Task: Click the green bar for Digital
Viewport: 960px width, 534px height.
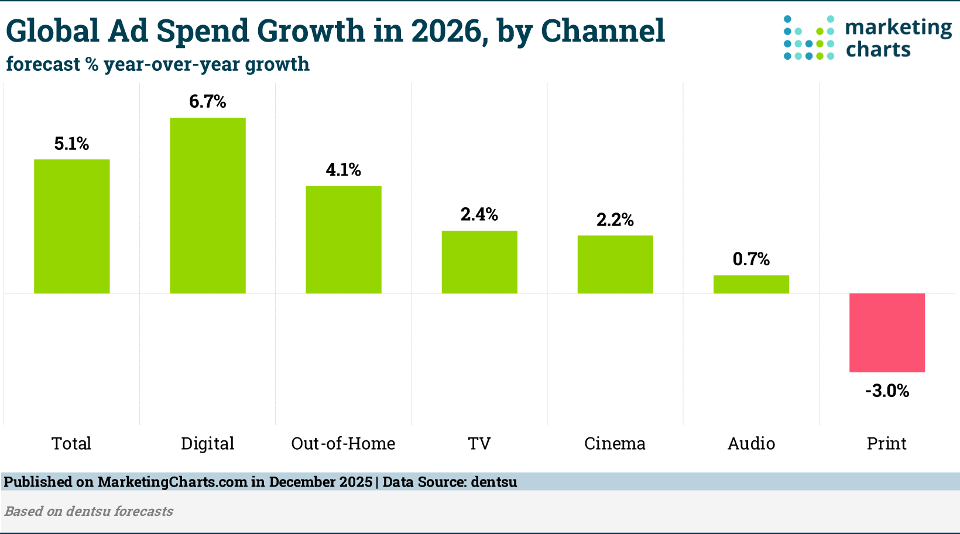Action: (x=207, y=206)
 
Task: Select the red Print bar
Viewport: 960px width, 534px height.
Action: (x=887, y=333)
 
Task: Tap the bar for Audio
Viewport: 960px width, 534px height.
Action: (x=751, y=285)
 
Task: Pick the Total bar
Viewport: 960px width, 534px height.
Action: (x=71, y=227)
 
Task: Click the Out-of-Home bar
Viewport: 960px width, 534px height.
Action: (x=343, y=240)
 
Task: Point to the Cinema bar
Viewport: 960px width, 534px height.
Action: (x=615, y=265)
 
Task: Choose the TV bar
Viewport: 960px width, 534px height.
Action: (x=479, y=262)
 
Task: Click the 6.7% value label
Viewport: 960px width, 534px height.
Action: (x=207, y=102)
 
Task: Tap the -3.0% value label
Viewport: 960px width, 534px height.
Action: (x=887, y=391)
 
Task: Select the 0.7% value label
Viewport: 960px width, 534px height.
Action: (x=751, y=259)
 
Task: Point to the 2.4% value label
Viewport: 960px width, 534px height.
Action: (x=479, y=215)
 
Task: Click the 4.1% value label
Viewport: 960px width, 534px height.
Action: (x=343, y=170)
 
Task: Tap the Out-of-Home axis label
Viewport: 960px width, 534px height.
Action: (x=343, y=444)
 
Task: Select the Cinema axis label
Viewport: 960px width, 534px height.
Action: (x=615, y=444)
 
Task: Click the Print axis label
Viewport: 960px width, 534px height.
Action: (x=886, y=444)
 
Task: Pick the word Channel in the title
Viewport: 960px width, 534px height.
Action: (x=602, y=31)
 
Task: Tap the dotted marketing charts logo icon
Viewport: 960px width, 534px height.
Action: (x=808, y=38)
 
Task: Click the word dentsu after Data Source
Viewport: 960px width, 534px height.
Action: (x=494, y=482)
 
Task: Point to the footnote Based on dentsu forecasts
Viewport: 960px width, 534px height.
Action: (x=89, y=511)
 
